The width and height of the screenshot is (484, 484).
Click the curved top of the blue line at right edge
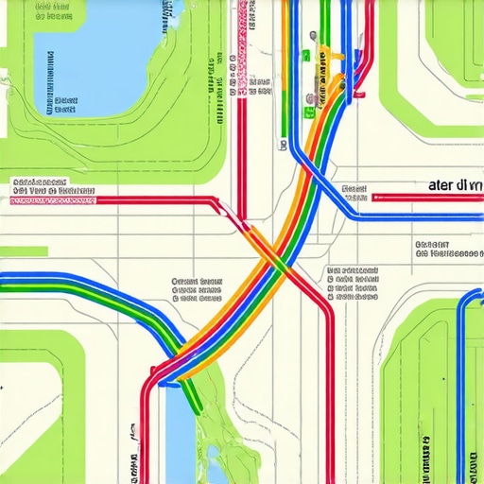(x=469, y=297)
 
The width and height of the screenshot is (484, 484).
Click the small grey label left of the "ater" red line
(x=354, y=193)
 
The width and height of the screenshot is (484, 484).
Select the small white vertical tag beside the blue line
(x=284, y=147)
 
